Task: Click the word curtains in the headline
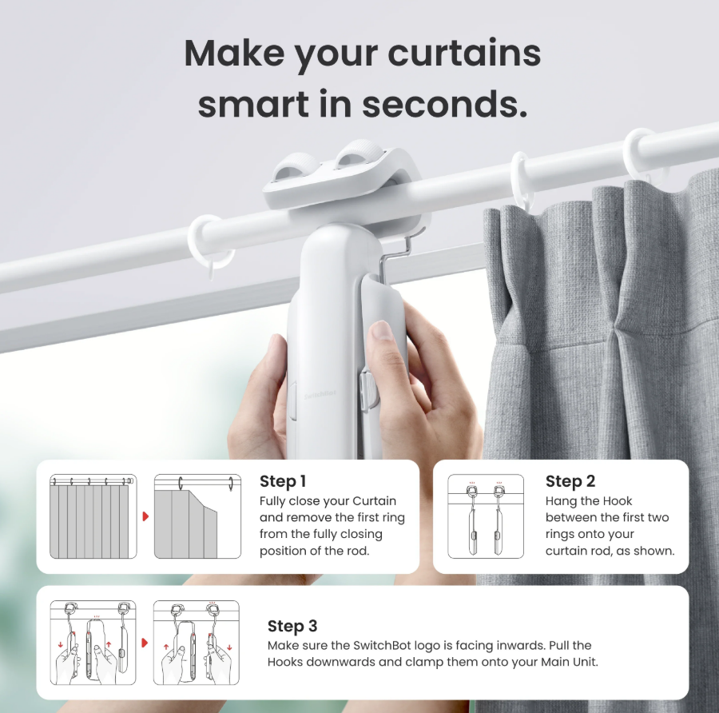tap(464, 54)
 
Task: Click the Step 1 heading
tap(283, 481)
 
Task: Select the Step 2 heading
tap(570, 481)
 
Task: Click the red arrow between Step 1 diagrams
tap(145, 516)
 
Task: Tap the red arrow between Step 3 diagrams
tap(145, 642)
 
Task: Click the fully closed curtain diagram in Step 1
tap(93, 516)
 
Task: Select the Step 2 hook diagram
tap(485, 517)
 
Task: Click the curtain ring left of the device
tap(210, 240)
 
